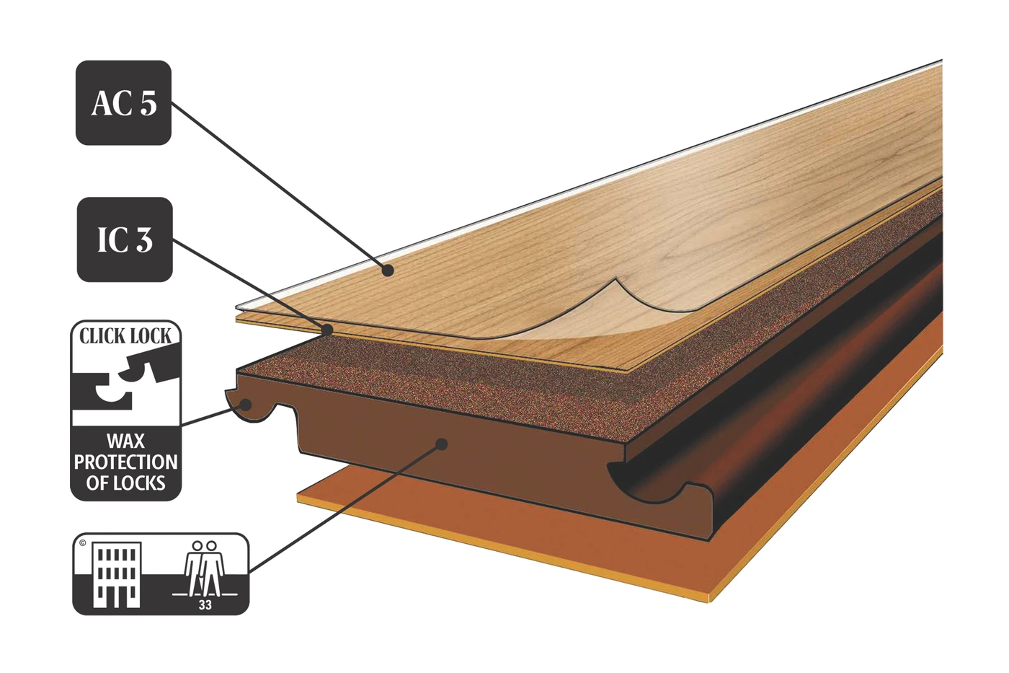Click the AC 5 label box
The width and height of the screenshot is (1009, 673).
pos(123,102)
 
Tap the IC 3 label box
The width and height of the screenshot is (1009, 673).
pos(125,239)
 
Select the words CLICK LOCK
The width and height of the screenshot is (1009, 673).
pos(125,336)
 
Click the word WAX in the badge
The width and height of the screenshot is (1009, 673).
pos(125,441)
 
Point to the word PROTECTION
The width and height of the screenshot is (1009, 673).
pos(125,462)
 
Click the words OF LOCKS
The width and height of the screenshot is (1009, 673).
pos(125,483)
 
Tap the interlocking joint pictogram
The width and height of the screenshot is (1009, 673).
pos(125,383)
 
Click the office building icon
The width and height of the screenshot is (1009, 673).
pos(117,574)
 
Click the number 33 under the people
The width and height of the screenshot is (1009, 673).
pos(205,605)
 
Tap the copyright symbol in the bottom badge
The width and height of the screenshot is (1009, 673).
pos(82,543)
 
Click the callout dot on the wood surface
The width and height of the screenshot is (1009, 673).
pos(388,270)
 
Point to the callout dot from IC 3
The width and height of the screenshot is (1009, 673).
pos(327,330)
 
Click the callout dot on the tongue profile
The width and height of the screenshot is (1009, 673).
pos(246,405)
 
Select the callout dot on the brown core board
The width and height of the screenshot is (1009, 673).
pos(442,444)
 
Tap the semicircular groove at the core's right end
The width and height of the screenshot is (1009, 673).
pos(640,485)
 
